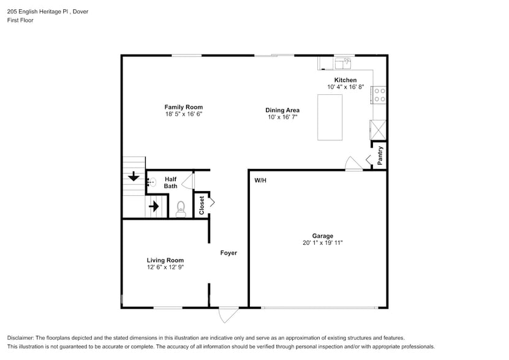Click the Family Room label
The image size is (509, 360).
click(183, 107)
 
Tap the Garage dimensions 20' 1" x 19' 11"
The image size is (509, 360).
click(322, 243)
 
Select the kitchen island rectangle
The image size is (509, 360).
click(330, 117)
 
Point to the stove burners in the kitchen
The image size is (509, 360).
click(380, 94)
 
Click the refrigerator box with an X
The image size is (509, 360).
click(378, 129)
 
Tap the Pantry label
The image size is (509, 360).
click(380, 155)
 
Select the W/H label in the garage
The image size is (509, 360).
click(261, 180)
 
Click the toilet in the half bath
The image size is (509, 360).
click(180, 209)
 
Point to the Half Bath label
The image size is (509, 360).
click(170, 182)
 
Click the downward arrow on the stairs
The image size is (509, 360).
click(134, 178)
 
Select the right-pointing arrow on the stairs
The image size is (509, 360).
click(154, 207)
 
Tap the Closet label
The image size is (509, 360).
click(202, 206)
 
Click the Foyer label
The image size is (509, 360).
click(228, 253)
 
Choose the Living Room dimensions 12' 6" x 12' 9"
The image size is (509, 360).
click(165, 267)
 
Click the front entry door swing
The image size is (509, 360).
click(228, 314)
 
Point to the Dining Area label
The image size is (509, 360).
click(282, 110)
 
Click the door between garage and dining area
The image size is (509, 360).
click(353, 163)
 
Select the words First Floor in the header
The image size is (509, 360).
click(20, 20)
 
